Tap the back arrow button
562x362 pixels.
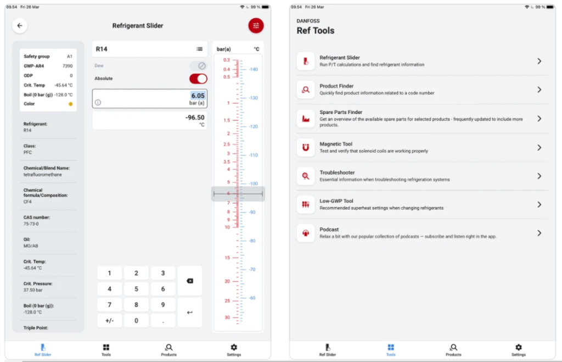click(20, 25)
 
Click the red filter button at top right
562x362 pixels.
click(256, 25)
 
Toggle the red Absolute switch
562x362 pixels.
click(198, 79)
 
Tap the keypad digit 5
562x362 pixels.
click(136, 289)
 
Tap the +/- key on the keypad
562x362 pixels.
click(109, 320)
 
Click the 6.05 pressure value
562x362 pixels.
click(198, 96)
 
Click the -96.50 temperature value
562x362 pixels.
click(195, 118)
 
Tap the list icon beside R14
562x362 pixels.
click(199, 49)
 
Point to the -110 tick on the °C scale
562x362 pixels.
click(253, 155)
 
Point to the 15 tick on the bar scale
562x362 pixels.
click(227, 258)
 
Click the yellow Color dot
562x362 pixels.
click(70, 104)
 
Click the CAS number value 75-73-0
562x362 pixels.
click(31, 224)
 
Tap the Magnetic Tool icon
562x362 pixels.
click(306, 147)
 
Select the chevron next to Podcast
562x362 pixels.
click(539, 233)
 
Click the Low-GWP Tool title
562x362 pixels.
click(336, 201)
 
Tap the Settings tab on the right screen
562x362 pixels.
click(518, 350)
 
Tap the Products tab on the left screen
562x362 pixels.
click(168, 350)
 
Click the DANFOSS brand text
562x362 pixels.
click(308, 21)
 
